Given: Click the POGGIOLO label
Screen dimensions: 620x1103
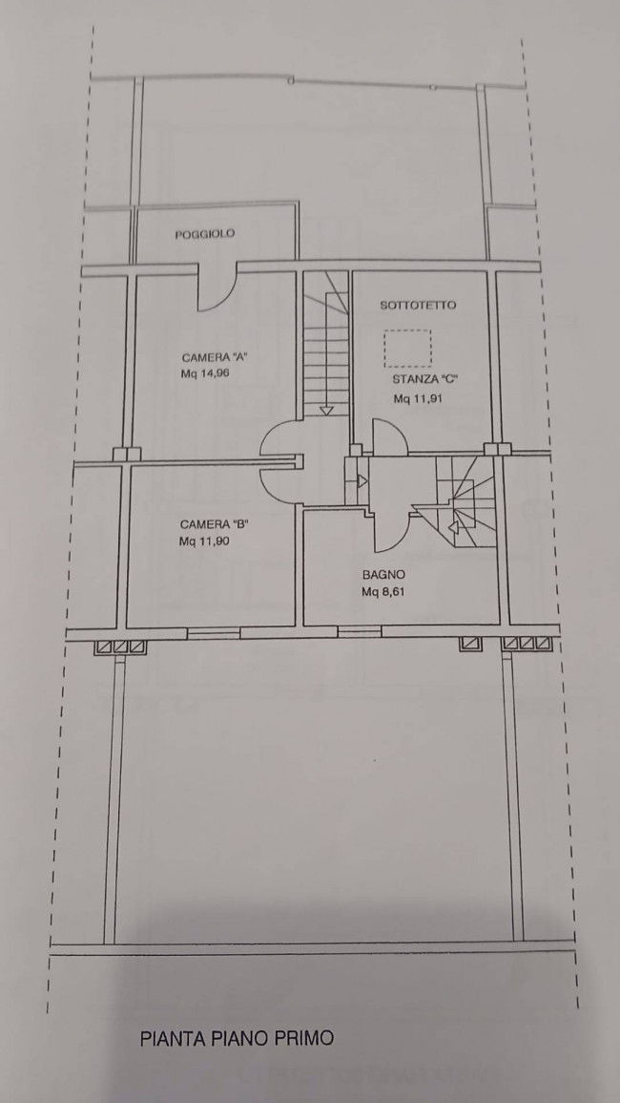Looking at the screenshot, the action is (x=204, y=234).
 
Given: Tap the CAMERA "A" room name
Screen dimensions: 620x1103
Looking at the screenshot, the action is (x=213, y=357).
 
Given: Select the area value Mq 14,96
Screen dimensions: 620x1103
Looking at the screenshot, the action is (x=205, y=373).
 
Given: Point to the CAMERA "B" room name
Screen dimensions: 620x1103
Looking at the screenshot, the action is (x=215, y=524).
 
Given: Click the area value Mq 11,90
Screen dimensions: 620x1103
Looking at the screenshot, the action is (x=204, y=541).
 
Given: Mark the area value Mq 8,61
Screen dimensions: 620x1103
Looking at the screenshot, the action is (x=383, y=592).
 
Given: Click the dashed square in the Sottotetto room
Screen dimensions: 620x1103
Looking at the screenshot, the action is (x=407, y=349).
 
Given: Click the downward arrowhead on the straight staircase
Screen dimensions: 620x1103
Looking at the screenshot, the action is (x=326, y=410).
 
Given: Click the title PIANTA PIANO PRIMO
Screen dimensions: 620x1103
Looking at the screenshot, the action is (x=237, y=1038).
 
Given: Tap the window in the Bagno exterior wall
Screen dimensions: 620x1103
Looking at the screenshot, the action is (x=360, y=631).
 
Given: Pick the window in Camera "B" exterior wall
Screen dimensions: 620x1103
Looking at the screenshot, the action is (x=214, y=633).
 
